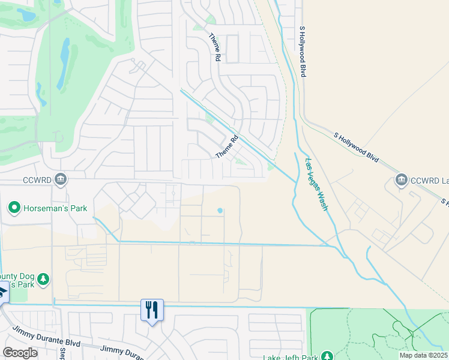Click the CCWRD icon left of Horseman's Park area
click(x=61, y=179)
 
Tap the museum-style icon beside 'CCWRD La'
click(x=402, y=179)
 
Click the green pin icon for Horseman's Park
click(x=13, y=208)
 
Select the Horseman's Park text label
click(x=55, y=208)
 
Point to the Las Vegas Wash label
click(x=316, y=184)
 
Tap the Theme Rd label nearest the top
click(x=214, y=47)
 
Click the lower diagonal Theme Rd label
click(x=227, y=146)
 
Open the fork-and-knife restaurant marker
click(x=152, y=310)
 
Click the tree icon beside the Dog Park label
click(x=43, y=280)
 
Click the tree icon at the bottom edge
click(x=327, y=356)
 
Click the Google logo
click(x=20, y=353)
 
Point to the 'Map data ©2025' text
click(x=424, y=355)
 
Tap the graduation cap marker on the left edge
click(x=2, y=292)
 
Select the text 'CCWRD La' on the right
click(x=430, y=179)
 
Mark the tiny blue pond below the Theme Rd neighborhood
click(x=220, y=211)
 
